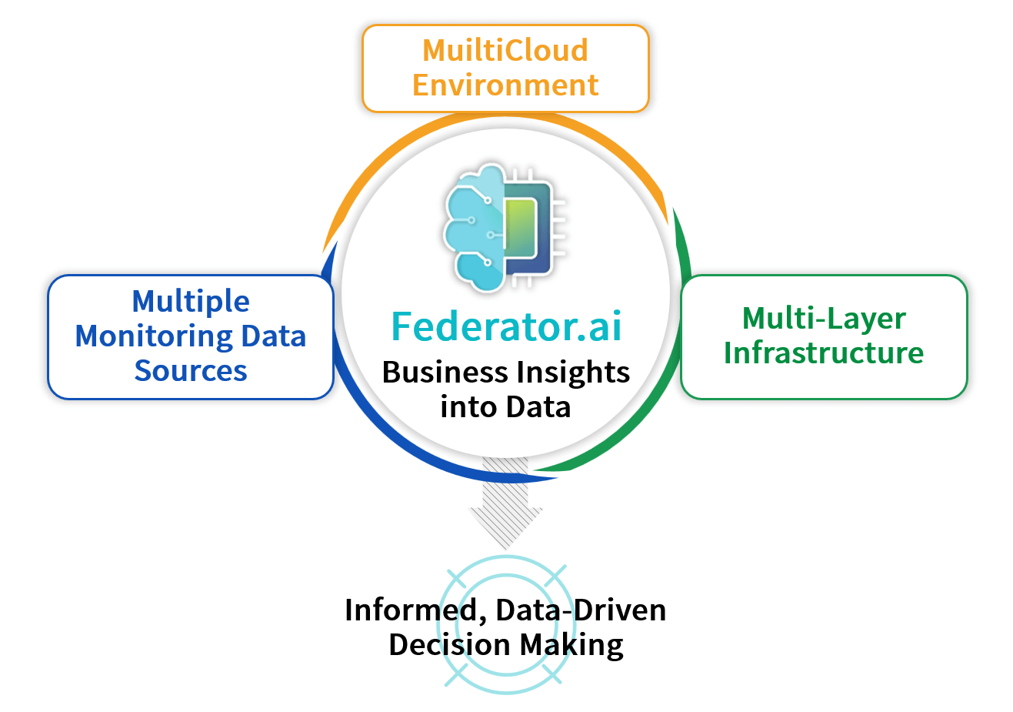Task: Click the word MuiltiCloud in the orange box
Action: (505, 50)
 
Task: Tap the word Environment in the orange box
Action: (505, 85)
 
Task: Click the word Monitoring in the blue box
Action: (154, 337)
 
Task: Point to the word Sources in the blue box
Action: (191, 371)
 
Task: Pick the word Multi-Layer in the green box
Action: (824, 319)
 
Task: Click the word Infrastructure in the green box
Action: (824, 353)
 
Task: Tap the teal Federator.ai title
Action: (506, 326)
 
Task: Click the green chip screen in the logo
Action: (520, 229)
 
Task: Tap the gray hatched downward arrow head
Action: (505, 527)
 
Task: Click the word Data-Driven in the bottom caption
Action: (581, 610)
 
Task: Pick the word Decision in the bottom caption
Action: (449, 644)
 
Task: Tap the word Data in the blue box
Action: (274, 337)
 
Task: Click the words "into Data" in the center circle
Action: (505, 407)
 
